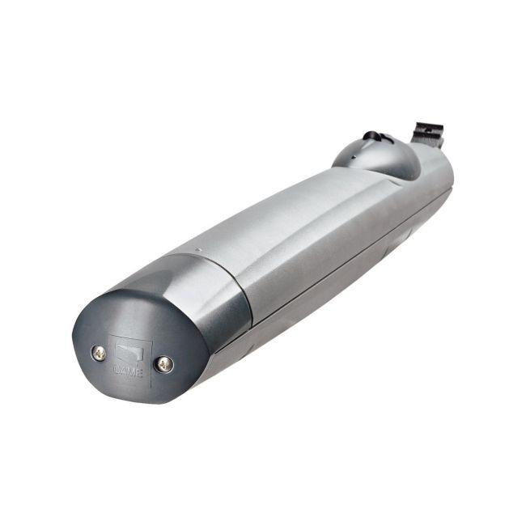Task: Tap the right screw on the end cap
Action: tap(164, 364)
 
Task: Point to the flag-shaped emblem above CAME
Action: tap(129, 353)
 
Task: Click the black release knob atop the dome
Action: tap(373, 137)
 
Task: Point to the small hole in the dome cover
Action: tap(362, 148)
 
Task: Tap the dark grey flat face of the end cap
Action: tap(129, 356)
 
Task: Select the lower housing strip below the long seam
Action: tap(324, 291)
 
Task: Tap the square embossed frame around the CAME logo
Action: tap(129, 358)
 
